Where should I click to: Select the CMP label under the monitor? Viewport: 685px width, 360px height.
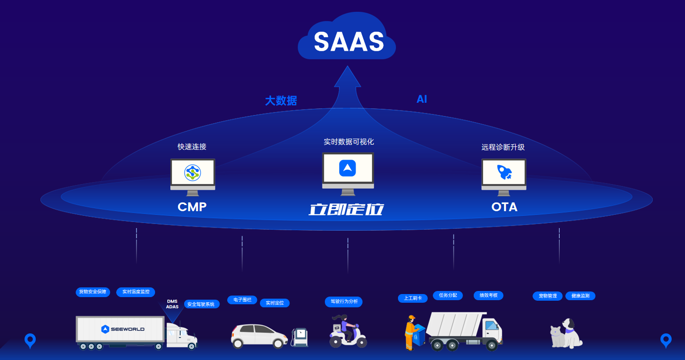point(192,207)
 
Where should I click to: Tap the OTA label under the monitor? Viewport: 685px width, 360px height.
point(504,207)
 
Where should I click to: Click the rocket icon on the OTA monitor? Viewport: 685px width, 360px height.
point(504,172)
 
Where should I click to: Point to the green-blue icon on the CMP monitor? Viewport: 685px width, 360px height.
point(192,172)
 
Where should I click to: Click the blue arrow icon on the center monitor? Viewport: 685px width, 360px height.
point(347,168)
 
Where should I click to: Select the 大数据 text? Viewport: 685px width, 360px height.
point(281,101)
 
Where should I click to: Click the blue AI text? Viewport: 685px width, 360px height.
point(422,99)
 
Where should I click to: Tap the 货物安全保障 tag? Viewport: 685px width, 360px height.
point(93,292)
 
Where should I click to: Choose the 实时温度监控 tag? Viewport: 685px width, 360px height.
point(136,292)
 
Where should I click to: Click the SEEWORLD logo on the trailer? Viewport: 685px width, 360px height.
point(123,329)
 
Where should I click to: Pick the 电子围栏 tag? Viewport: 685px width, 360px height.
point(242,300)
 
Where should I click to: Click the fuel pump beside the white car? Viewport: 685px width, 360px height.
point(300,336)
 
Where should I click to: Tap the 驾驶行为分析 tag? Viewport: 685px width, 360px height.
point(344,302)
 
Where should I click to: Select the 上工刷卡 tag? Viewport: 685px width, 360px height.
point(412,298)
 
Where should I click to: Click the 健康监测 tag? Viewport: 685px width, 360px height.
point(580,296)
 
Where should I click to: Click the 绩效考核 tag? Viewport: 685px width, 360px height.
point(489,295)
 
